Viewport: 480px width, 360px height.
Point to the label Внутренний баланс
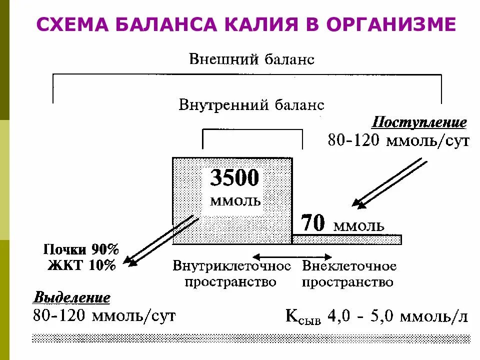(x=251, y=105)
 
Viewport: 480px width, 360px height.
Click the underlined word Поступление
(x=419, y=122)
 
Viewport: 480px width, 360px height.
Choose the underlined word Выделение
(x=71, y=298)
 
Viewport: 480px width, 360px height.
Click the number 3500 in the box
(x=234, y=178)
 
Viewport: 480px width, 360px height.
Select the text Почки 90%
(x=81, y=249)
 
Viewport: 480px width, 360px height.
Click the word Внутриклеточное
(x=231, y=266)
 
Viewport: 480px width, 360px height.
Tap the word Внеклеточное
(x=349, y=266)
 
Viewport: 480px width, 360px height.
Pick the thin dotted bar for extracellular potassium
(x=347, y=239)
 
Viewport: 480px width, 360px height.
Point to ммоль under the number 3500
(x=235, y=201)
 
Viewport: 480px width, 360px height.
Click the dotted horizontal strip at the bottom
(x=250, y=338)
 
